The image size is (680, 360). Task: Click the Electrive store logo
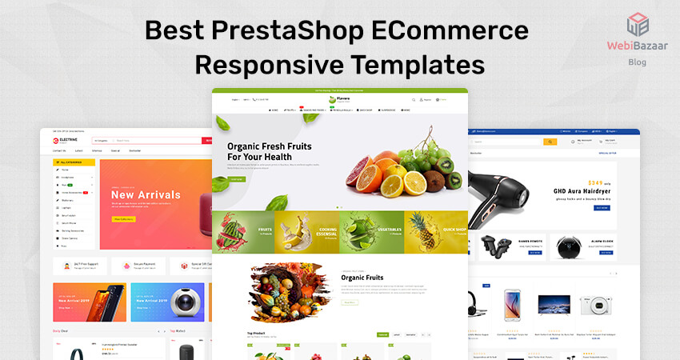pyautogui.click(x=66, y=141)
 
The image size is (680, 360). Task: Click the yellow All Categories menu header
pyautogui.click(x=74, y=161)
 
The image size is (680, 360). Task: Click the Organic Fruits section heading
pyautogui.click(x=364, y=278)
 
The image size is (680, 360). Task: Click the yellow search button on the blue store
pyautogui.click(x=550, y=142)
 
